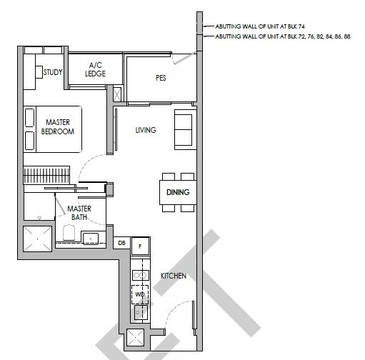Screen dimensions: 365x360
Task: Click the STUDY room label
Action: coord(53,72)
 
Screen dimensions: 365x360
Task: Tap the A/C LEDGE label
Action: coord(96,69)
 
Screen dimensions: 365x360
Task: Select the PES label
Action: coord(161,78)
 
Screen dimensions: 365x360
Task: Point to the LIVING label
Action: coord(146,130)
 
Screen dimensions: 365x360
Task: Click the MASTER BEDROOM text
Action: coord(58,127)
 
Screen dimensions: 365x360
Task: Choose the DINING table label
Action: coord(178,192)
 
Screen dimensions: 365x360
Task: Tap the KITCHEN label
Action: coord(174,276)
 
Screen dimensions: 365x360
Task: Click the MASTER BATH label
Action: coord(79,213)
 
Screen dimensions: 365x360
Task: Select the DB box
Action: coord(121,243)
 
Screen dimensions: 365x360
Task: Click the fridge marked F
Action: coord(140,246)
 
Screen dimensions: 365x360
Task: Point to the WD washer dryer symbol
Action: coord(140,294)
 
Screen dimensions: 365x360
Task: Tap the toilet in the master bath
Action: coord(69,232)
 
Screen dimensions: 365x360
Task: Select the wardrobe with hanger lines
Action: coord(46,175)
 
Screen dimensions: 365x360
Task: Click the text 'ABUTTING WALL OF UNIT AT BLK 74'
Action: coord(260,26)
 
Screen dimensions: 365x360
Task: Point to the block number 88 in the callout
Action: coord(347,36)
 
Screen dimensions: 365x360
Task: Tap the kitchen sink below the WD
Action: coord(140,312)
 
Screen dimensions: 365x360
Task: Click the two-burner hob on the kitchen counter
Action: coord(141,276)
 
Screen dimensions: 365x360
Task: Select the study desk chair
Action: coord(39,71)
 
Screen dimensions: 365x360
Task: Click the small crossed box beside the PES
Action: coord(117,94)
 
